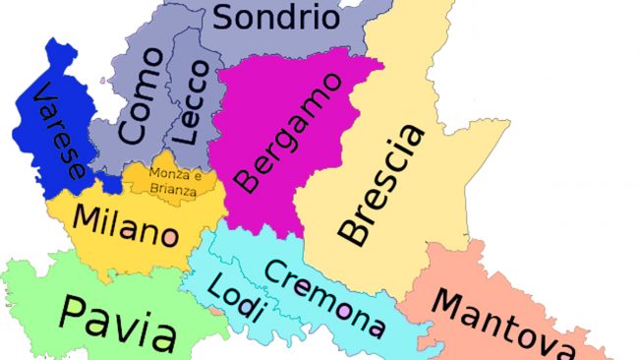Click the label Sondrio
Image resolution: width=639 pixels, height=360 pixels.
pos(276,18)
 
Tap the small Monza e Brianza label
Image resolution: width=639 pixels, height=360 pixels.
pos(172,182)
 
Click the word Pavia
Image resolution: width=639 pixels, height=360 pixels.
pos(117,319)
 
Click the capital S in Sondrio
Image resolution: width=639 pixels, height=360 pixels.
pos(225,17)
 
